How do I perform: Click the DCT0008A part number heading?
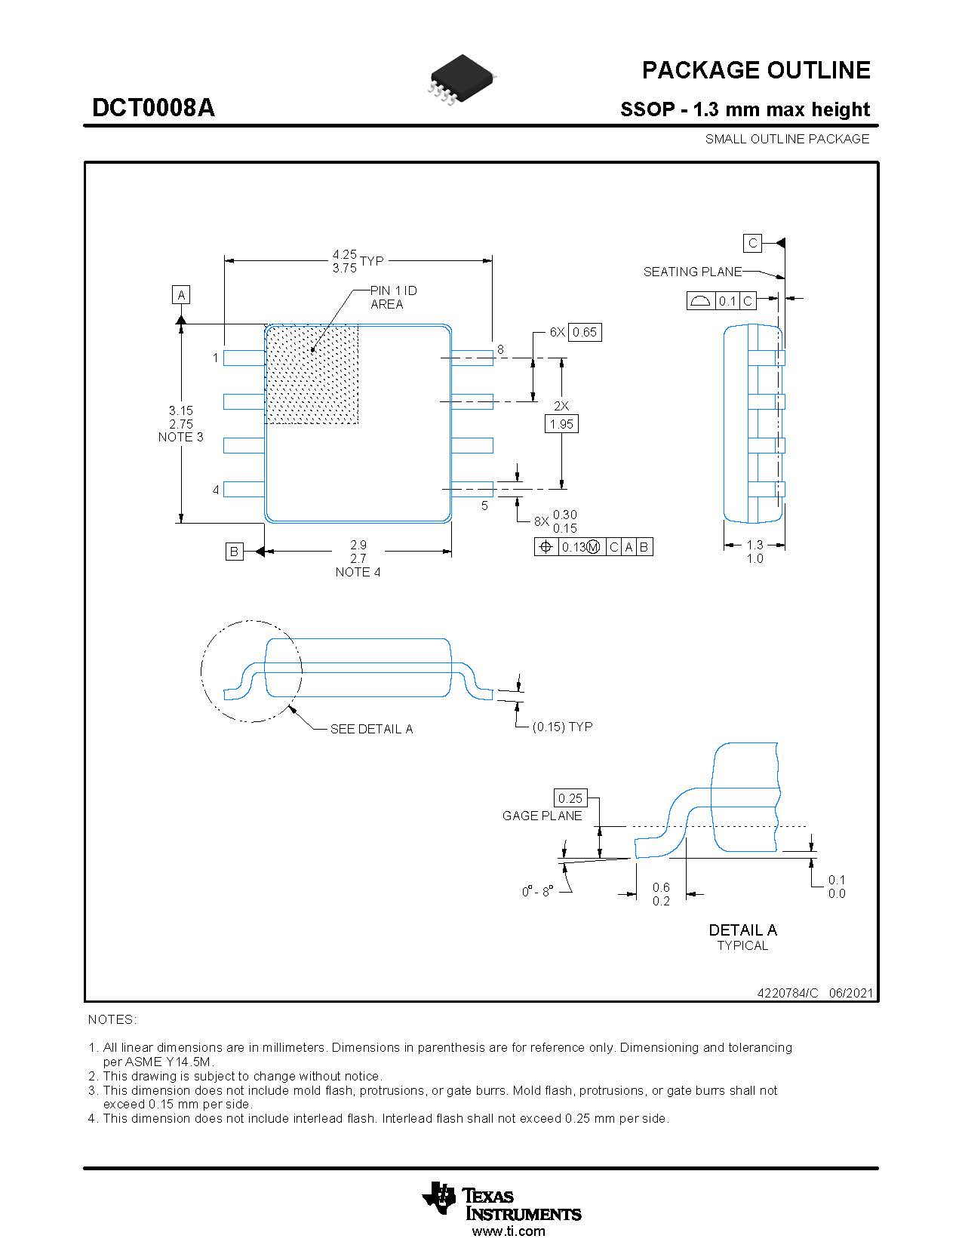coord(153,108)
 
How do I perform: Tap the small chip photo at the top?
coord(461,78)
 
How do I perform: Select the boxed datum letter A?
coord(181,295)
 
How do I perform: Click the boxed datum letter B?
coord(234,552)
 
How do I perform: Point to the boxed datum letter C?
coord(752,243)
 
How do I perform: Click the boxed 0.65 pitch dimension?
coord(585,332)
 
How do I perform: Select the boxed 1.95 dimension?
coord(561,424)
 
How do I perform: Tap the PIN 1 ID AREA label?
coord(393,297)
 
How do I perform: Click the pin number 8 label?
coord(500,349)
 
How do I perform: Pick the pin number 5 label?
coord(484,506)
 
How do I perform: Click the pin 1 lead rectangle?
coord(244,358)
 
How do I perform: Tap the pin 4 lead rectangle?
coord(244,490)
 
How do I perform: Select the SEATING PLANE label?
coord(692,272)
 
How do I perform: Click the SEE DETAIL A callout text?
coord(371,729)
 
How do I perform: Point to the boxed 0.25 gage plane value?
coord(570,798)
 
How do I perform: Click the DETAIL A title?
coord(742,930)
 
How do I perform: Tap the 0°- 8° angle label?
coord(537,892)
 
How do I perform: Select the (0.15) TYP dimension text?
coord(562,727)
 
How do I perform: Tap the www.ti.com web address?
coord(508,1231)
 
